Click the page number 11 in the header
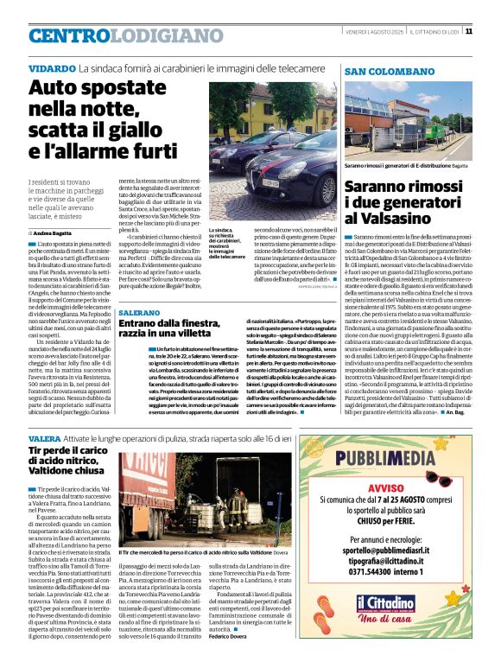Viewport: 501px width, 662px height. [x=491, y=31]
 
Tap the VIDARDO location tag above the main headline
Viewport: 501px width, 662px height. [x=51, y=67]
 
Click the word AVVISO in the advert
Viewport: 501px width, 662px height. [x=398, y=486]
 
